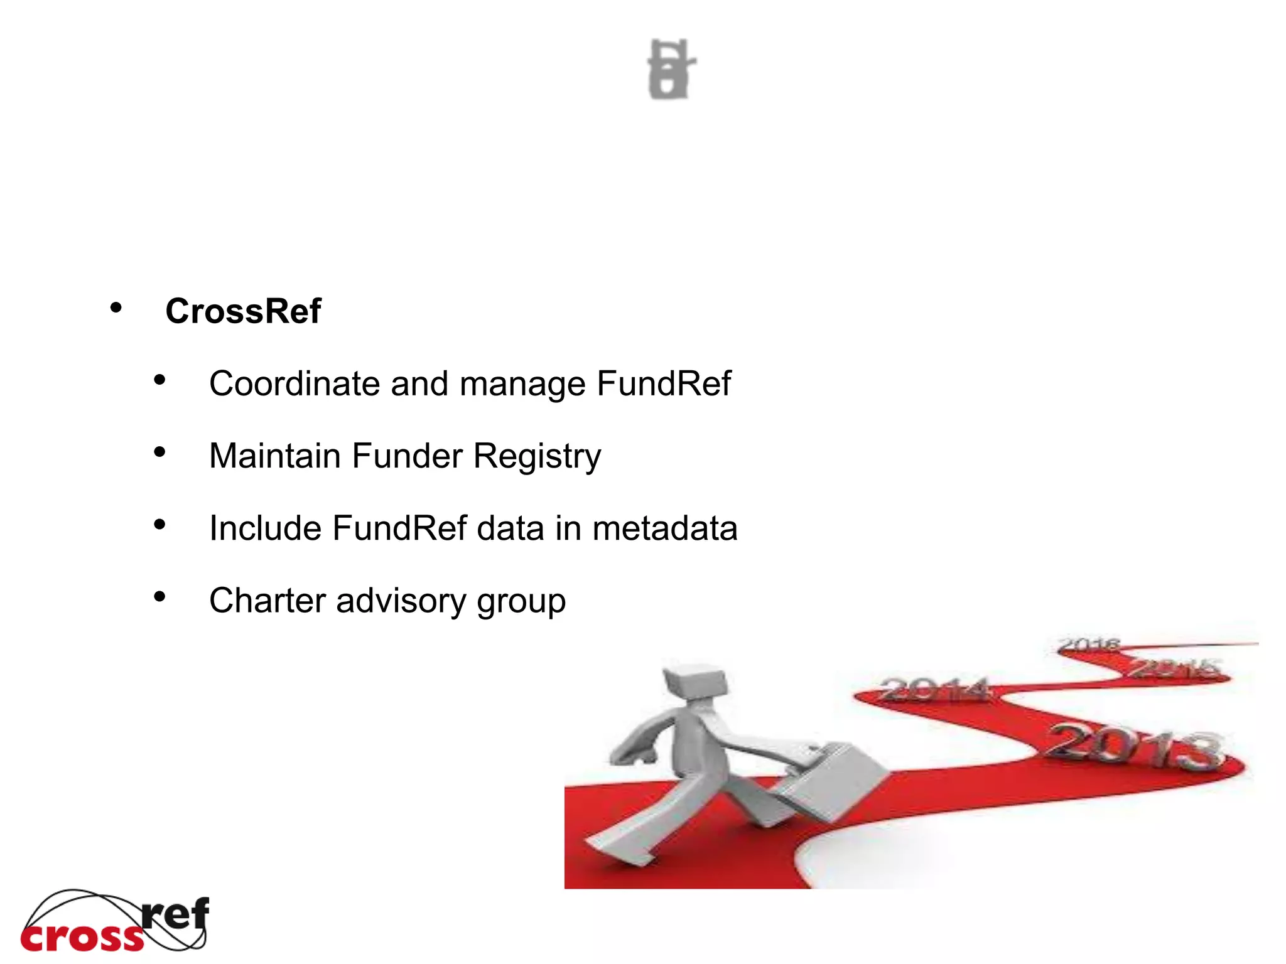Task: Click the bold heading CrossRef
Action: point(243,311)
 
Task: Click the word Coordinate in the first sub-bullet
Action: point(294,383)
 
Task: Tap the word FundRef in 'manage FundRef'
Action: point(664,383)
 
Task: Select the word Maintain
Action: point(275,456)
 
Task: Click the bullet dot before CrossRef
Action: point(116,308)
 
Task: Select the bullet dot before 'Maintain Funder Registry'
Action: point(159,453)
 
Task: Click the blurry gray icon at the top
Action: point(671,69)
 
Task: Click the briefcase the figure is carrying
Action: point(832,781)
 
